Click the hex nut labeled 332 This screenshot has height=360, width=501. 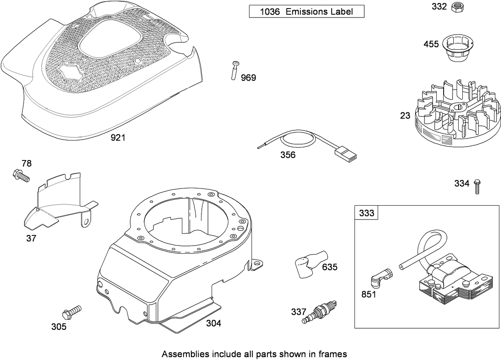click(x=458, y=7)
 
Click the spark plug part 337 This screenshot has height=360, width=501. click(x=320, y=312)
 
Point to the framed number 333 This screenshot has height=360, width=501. click(x=366, y=213)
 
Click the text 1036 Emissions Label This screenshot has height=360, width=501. click(x=306, y=11)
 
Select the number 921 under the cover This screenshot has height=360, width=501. click(x=118, y=138)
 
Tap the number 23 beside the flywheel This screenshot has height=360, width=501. click(x=405, y=116)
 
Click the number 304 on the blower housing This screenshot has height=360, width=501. click(x=213, y=323)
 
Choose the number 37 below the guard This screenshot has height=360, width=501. click(x=31, y=239)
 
